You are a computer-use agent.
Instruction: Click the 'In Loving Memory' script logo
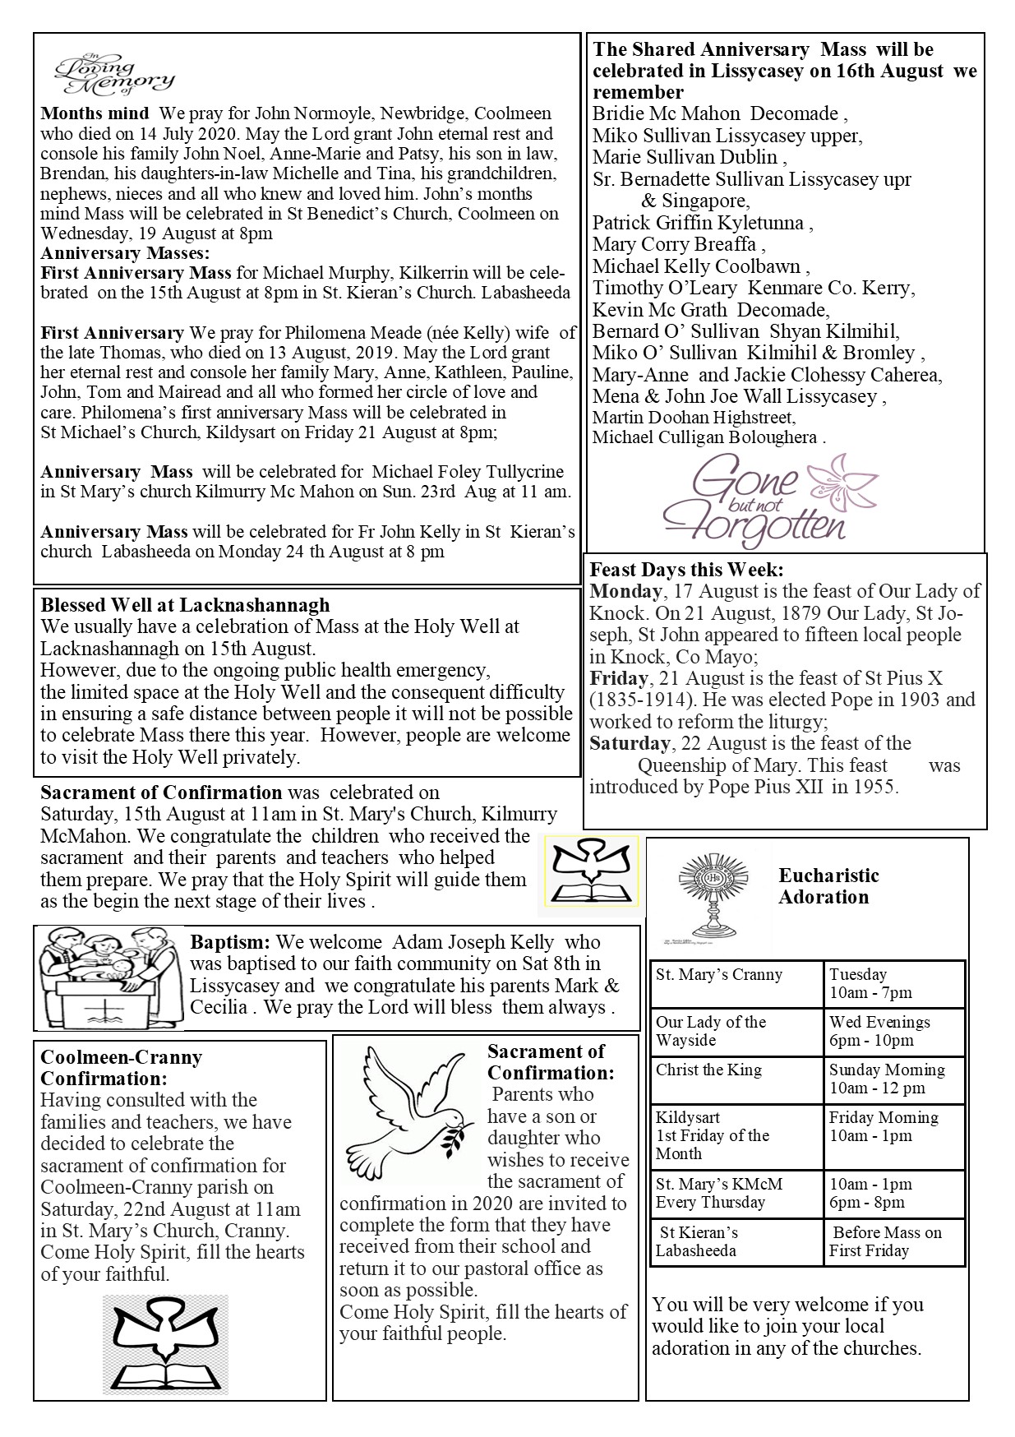[x=113, y=75]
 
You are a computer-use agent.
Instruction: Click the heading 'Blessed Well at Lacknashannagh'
[x=185, y=605]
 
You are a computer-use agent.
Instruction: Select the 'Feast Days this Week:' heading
[x=686, y=569]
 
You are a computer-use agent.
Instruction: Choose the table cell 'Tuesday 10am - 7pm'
[x=893, y=984]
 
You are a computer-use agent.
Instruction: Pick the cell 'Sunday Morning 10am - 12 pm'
[x=893, y=1079]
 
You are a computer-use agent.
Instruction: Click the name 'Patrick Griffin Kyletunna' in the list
[x=703, y=223]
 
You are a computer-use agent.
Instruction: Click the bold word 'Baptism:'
[x=230, y=942]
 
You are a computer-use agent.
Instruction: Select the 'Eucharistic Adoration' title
[x=828, y=886]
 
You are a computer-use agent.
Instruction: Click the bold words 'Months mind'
[x=95, y=113]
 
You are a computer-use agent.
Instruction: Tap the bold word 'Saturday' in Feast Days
[x=630, y=743]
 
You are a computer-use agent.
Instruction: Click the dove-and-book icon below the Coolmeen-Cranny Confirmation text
[x=167, y=1343]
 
